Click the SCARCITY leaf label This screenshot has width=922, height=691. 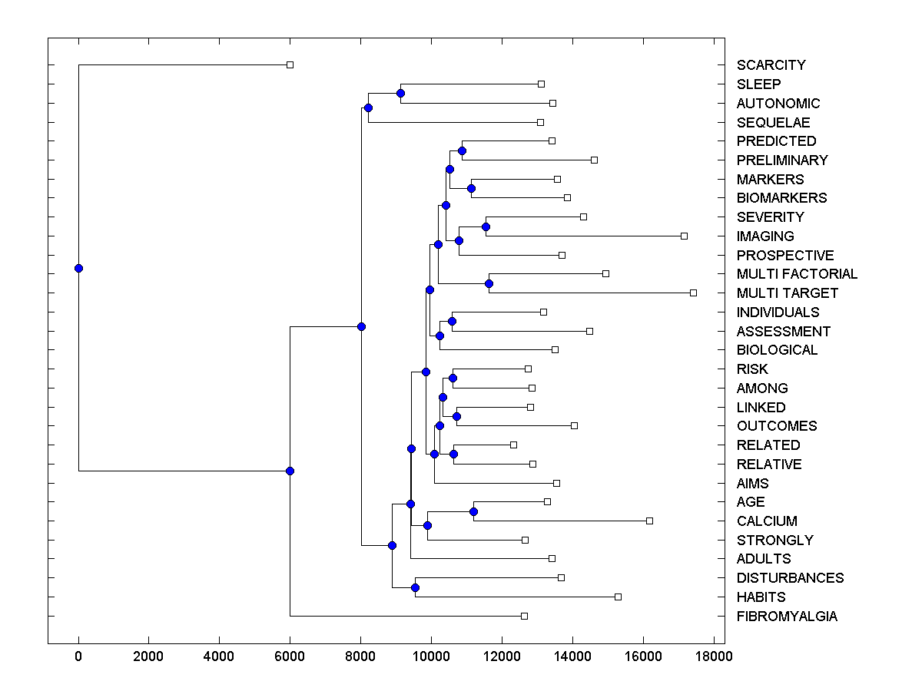[x=771, y=65]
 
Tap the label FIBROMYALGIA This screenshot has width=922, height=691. [x=787, y=617]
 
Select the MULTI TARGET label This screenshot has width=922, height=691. [x=787, y=293]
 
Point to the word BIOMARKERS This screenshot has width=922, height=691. [x=781, y=198]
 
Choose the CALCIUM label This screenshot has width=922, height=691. [x=767, y=521]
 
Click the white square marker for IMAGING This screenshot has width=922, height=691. [x=684, y=236]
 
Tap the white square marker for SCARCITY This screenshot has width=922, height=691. [x=290, y=64]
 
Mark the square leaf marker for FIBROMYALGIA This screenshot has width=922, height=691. [x=524, y=616]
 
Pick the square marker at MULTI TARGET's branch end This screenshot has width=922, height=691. [x=693, y=293]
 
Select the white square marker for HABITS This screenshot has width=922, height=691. [x=618, y=597]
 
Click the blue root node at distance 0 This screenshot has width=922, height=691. [x=78, y=268]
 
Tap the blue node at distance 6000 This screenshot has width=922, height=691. [x=290, y=471]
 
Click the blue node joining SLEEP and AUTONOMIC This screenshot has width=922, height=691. [x=400, y=93]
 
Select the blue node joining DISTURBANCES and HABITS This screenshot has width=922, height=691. [x=415, y=587]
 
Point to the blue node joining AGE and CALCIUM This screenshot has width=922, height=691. [x=473, y=511]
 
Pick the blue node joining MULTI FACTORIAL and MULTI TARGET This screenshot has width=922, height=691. [x=489, y=283]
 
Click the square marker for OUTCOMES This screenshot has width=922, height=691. [x=574, y=425]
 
